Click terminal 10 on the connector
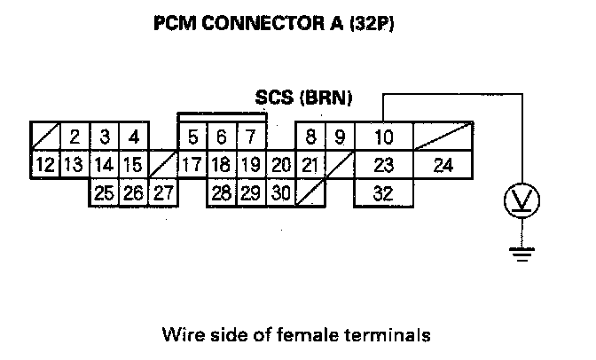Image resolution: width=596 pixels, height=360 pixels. [x=383, y=137]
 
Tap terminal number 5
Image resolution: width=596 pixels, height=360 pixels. [x=192, y=137]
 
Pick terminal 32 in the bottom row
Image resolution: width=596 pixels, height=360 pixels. [x=383, y=192]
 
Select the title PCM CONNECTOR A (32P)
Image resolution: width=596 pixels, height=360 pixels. [x=274, y=27]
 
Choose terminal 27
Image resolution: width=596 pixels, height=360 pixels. [x=162, y=192]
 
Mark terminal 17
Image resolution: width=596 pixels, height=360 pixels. [x=192, y=165]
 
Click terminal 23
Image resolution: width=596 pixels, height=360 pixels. [x=383, y=165]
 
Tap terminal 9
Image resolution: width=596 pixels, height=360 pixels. [x=339, y=137]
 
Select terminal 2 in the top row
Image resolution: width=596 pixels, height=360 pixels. [x=75, y=137]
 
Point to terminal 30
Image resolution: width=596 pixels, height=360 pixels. [x=280, y=192]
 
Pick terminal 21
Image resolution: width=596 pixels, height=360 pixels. [x=310, y=165]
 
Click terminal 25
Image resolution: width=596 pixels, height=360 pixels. [x=104, y=192]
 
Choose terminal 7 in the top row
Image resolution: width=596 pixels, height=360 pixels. [x=251, y=137]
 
